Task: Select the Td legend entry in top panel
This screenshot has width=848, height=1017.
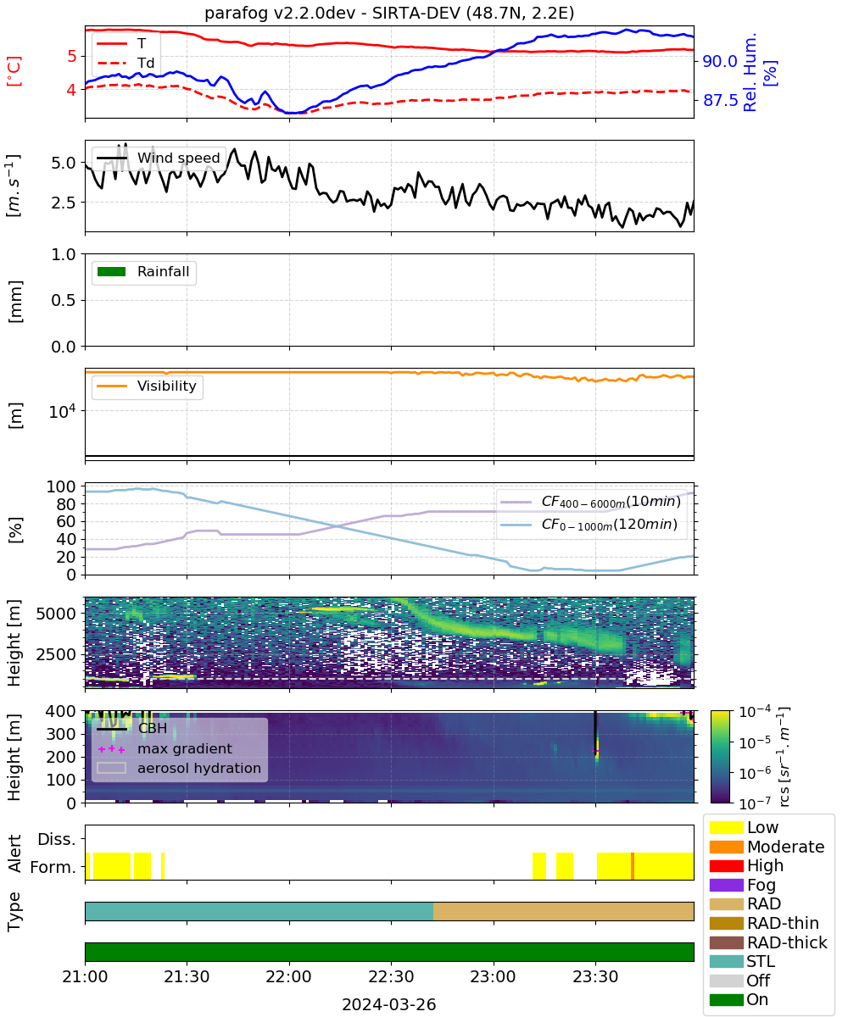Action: click(126, 63)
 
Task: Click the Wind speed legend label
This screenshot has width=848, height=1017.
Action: click(178, 158)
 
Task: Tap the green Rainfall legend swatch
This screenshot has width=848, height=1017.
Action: click(112, 271)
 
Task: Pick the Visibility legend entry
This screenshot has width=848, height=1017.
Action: click(146, 386)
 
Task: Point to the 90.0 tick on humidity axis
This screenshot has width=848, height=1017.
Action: click(720, 61)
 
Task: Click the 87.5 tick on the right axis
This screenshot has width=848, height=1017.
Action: click(720, 100)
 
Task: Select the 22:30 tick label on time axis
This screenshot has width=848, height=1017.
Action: click(391, 976)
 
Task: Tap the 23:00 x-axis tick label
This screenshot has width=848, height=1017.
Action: click(494, 976)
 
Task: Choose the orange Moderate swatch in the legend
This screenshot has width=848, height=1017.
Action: click(726, 847)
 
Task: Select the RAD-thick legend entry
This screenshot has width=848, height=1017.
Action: click(768, 942)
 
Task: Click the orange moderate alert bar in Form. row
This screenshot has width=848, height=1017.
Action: click(633, 866)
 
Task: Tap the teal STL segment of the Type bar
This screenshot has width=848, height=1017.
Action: click(259, 911)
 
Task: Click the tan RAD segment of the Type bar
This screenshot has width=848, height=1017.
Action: click(563, 911)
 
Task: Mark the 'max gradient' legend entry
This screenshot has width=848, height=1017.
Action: click(165, 748)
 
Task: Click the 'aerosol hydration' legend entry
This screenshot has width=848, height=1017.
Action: click(179, 768)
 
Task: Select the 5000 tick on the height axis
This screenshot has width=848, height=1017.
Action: click(56, 614)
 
